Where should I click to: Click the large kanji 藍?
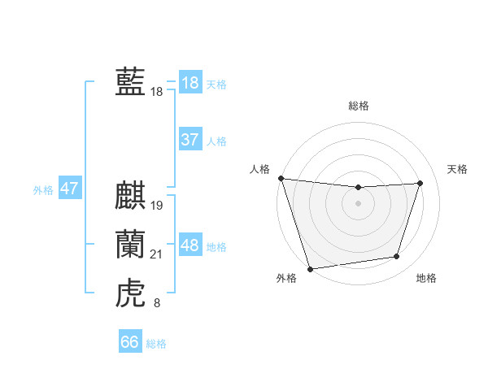pos(130,83)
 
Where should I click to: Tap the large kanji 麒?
pos(130,198)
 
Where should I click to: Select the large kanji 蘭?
pos(130,245)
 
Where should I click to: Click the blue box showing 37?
pos(190,140)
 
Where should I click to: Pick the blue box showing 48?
pos(190,245)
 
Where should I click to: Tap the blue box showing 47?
pos(69,189)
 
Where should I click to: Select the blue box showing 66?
pos(129,342)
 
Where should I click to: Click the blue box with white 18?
pos(190,83)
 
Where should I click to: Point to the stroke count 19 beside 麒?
pos(157,206)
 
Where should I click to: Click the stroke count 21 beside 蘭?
pos(157,254)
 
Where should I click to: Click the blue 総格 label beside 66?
pos(156,344)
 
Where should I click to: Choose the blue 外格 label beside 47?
pos(43,190)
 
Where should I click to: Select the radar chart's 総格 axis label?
pos(359,106)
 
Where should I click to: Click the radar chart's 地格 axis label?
pos(426,278)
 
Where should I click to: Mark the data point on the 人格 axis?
pos(281,178)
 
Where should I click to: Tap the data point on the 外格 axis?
pos(310,268)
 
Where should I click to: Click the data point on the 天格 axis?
pos(420,183)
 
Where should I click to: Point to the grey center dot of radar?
pos(359,203)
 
